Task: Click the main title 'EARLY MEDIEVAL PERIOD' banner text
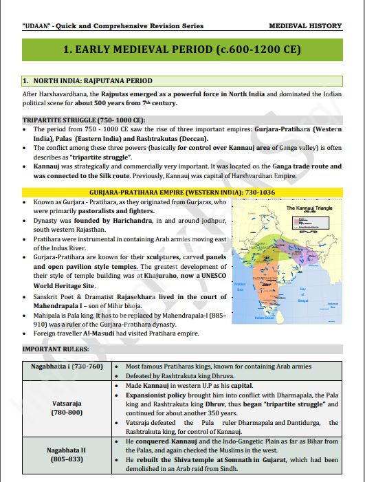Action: coord(182,50)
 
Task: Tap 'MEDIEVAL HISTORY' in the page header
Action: coord(305,26)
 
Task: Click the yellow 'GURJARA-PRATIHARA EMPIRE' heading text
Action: coord(182,190)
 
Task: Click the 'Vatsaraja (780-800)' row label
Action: coord(67,408)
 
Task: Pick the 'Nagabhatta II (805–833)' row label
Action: coord(67,454)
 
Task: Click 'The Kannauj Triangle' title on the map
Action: coord(309,207)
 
